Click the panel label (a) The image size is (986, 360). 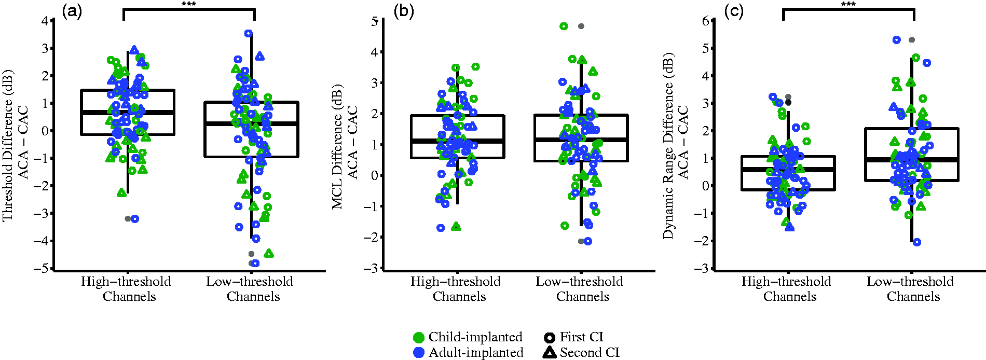point(72,11)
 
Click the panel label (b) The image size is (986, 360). point(404,11)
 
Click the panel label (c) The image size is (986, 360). point(734,11)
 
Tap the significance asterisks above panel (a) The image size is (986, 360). point(189,5)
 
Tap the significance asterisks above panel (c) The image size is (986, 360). point(848,5)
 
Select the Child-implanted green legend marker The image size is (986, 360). point(419,338)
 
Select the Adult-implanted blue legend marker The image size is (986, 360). point(419,353)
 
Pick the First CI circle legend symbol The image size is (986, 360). point(549,338)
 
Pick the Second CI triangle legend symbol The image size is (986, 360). point(549,352)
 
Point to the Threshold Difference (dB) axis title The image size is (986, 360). point(8,145)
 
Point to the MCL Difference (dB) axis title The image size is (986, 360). point(337,147)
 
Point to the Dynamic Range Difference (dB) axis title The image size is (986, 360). point(668,145)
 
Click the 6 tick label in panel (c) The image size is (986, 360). point(705,21)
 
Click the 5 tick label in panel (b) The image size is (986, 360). point(375,21)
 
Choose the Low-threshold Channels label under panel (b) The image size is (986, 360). point(580,289)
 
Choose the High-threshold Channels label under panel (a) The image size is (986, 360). point(126,289)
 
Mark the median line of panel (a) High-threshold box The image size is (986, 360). point(128,112)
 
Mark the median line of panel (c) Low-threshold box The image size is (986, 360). point(912,160)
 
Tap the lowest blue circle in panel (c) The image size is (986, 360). point(917,242)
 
